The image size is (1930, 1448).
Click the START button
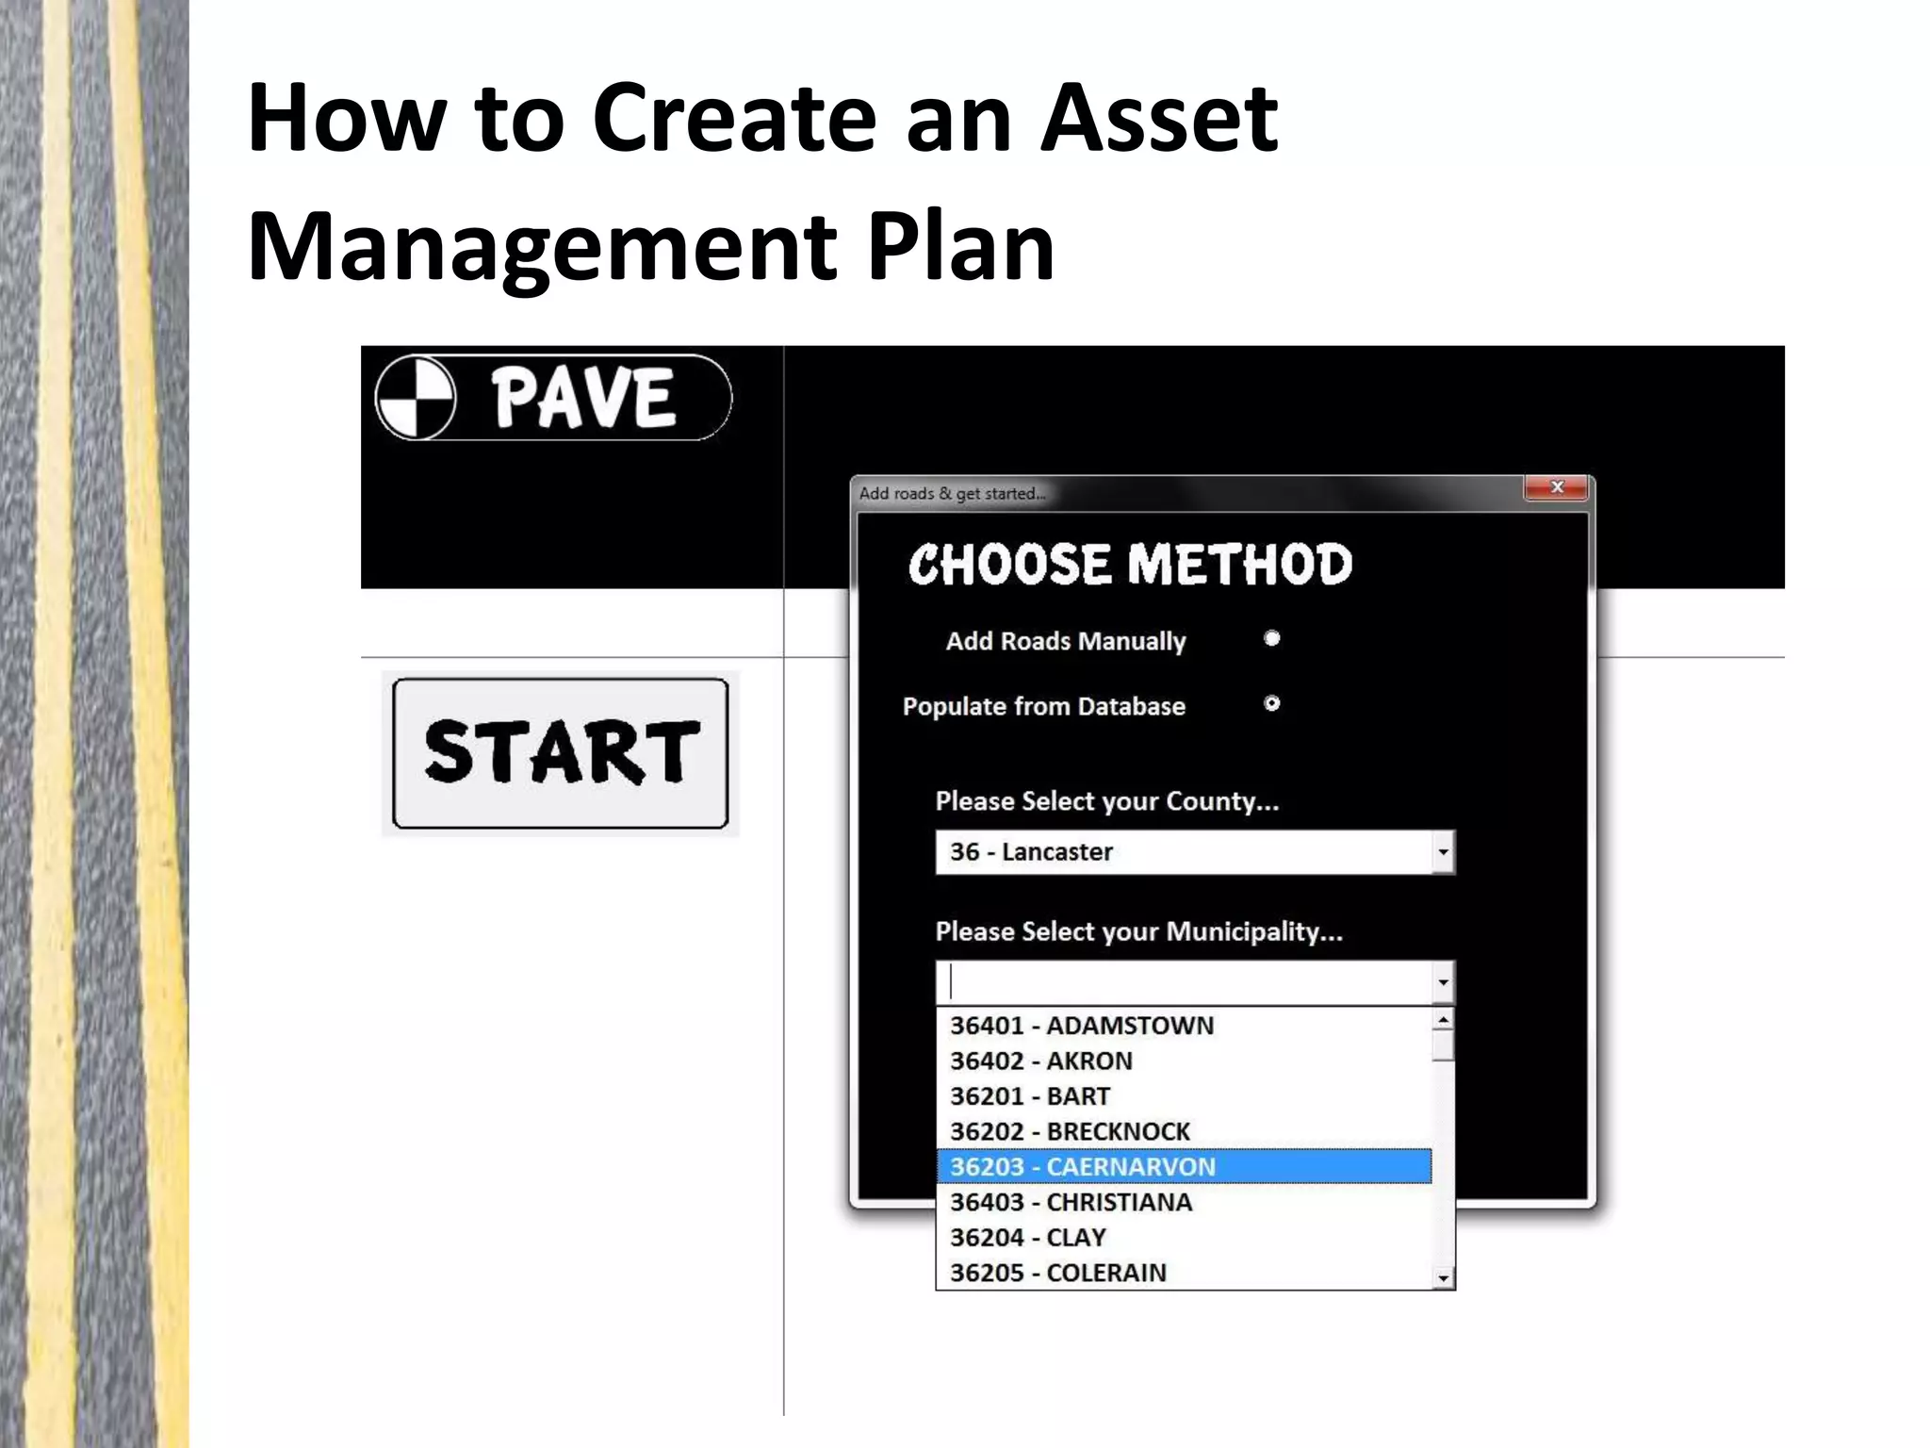561,753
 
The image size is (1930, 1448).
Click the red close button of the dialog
1556,487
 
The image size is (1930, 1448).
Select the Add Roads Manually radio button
1271,639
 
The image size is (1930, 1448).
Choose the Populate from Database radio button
1271,704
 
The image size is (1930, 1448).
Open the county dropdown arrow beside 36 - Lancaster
1443,852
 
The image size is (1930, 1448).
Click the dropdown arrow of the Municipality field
1443,983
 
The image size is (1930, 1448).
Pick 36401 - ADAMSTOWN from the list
1082,1026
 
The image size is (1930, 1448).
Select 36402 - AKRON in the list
1041,1061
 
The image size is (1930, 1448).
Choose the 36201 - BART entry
1030,1096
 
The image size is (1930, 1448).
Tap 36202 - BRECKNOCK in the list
1070,1131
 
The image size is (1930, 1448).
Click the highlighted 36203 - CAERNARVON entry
1083,1167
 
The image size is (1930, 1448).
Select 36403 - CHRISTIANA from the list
1071,1202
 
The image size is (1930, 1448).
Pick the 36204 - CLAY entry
1028,1238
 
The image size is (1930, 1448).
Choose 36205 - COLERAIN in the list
1058,1273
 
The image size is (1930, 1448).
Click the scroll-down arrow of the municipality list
1443,1278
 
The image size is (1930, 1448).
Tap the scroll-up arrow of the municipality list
1443,1019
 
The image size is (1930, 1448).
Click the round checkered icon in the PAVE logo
416,398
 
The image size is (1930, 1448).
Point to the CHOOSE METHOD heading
1130,565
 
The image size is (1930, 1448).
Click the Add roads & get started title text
952,494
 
